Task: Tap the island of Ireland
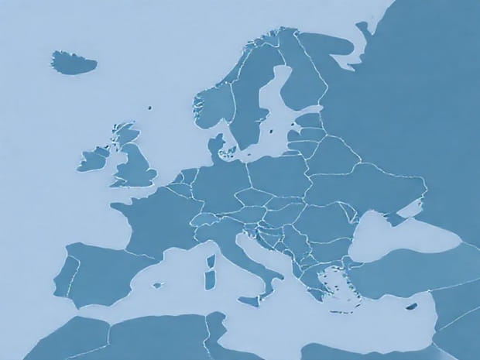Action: [92, 159]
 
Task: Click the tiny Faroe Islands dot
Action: [149, 109]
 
